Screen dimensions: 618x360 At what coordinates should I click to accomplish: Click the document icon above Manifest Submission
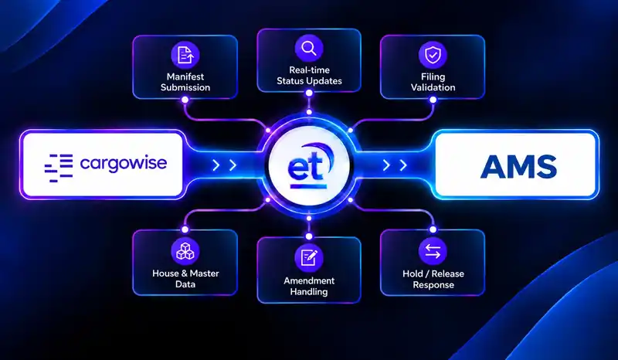185,55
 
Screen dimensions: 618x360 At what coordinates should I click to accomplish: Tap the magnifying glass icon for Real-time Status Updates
309,48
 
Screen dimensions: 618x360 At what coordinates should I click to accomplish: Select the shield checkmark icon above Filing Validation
433,55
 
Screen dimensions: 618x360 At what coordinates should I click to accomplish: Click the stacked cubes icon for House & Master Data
185,251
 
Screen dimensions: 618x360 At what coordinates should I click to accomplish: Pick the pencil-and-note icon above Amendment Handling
309,258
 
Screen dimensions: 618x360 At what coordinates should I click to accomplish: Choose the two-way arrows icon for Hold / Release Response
433,251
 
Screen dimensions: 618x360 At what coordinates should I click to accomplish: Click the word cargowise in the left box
124,164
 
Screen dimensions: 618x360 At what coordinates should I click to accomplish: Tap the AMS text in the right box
518,166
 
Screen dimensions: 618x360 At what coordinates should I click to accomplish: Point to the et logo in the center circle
308,165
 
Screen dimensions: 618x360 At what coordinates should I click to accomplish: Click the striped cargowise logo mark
59,168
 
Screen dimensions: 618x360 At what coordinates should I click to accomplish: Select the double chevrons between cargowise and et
224,165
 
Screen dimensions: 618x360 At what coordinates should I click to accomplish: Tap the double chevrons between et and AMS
395,165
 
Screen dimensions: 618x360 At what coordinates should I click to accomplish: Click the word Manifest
185,76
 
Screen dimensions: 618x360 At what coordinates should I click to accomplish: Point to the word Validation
433,87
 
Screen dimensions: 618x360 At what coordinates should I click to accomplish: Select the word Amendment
309,280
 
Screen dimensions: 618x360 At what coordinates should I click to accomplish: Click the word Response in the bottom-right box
433,285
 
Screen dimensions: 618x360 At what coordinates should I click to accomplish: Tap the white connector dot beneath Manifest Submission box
185,100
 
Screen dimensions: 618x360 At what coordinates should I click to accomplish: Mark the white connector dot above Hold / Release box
433,229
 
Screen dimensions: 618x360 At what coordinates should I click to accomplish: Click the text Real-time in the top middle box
310,70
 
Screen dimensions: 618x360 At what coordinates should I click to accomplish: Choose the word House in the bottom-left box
165,273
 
